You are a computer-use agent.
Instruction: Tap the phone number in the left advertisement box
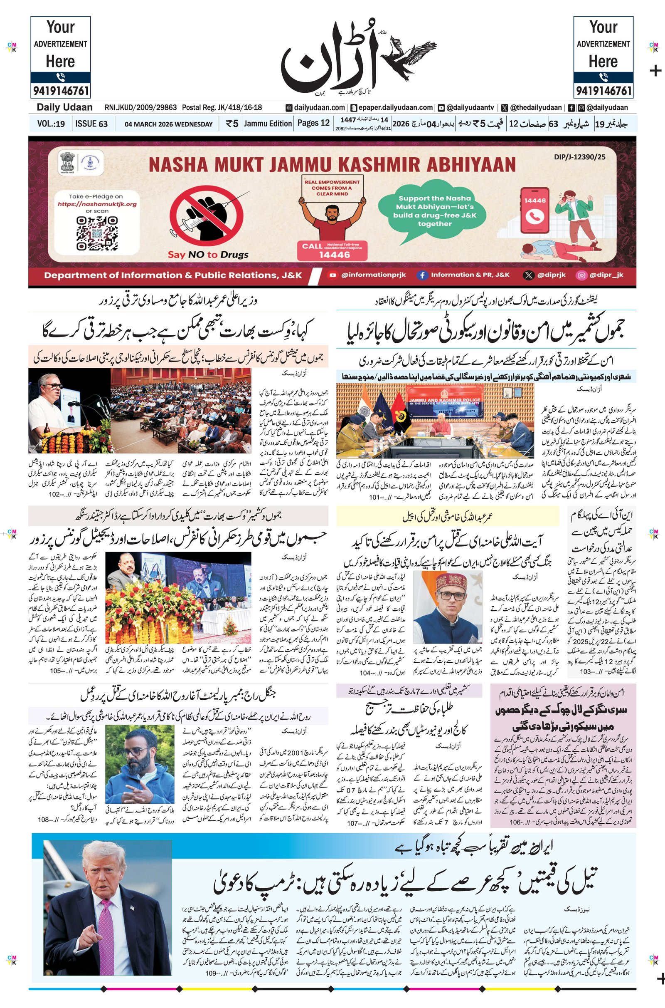coord(60,90)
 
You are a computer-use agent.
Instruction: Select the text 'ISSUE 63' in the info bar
coord(91,124)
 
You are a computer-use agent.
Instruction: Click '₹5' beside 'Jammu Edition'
coord(232,124)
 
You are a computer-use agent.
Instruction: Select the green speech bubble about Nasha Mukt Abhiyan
coord(433,211)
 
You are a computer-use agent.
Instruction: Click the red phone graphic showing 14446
coord(535,211)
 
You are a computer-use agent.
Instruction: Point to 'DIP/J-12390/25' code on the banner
coord(579,157)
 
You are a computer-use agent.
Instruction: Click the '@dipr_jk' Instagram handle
coord(606,275)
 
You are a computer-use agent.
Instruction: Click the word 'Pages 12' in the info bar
coord(313,123)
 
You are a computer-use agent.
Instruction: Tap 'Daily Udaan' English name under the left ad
coord(64,107)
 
